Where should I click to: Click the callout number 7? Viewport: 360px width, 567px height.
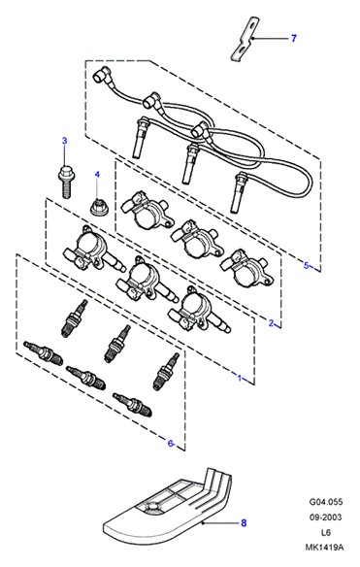point(293,38)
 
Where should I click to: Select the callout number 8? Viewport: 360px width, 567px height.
point(244,522)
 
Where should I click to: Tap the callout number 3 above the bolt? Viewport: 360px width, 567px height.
point(65,141)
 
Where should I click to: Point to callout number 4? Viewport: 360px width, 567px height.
point(97,175)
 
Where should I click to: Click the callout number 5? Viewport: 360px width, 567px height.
point(306,266)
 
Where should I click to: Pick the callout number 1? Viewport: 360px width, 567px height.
point(240,379)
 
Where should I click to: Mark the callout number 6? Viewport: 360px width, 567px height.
point(170,443)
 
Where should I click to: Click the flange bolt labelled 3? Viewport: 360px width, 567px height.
point(65,182)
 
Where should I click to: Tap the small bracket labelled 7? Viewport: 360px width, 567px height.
point(245,39)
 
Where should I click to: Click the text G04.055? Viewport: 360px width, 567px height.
point(326,502)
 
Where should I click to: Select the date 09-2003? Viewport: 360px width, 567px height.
point(326,517)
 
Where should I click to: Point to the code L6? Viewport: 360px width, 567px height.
point(326,533)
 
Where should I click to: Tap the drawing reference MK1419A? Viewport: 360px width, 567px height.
point(324,548)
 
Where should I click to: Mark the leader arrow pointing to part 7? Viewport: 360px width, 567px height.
point(270,38)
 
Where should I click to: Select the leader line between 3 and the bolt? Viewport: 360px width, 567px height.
point(65,154)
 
